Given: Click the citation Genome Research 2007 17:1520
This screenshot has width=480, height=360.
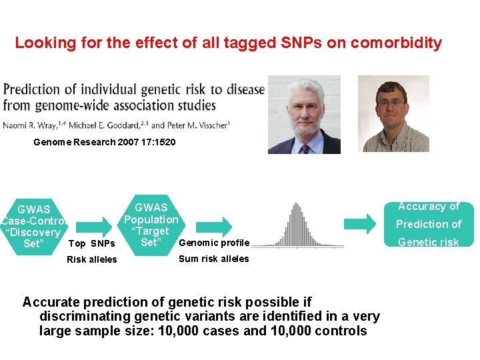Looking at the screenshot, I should coord(104,142).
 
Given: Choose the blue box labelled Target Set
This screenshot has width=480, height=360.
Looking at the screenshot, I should coord(151,225).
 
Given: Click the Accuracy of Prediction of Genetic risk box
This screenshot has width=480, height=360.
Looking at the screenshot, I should coord(429,224).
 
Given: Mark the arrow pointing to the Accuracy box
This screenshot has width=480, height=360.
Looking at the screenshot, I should coord(363,223).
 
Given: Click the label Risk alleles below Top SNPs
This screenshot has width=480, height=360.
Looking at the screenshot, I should coord(91,260).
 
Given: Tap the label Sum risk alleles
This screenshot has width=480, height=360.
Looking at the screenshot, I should coord(213,259).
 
